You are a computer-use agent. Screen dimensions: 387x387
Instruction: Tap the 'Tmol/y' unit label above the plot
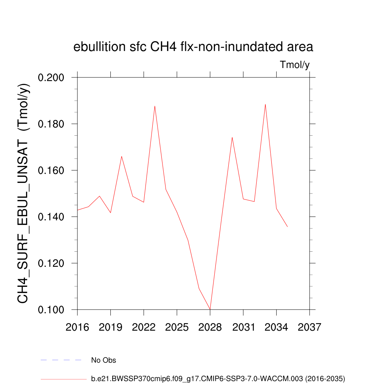(295, 65)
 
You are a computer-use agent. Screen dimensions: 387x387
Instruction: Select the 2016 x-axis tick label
(77, 327)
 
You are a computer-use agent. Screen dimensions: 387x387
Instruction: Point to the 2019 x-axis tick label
(111, 327)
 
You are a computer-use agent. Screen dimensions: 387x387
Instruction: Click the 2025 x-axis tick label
(177, 327)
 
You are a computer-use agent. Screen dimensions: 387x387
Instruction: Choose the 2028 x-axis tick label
(210, 327)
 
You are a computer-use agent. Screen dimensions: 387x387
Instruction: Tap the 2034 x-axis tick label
(276, 327)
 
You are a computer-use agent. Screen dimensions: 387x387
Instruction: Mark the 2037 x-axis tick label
(310, 327)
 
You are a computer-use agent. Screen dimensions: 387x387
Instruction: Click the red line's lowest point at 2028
(210, 309)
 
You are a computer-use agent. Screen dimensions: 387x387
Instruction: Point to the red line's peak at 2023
(155, 106)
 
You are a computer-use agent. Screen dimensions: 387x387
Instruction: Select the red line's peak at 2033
(265, 104)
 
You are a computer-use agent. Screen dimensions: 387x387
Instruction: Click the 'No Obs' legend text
(104, 360)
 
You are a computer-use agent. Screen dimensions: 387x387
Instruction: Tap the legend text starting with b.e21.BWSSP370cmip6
(218, 378)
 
